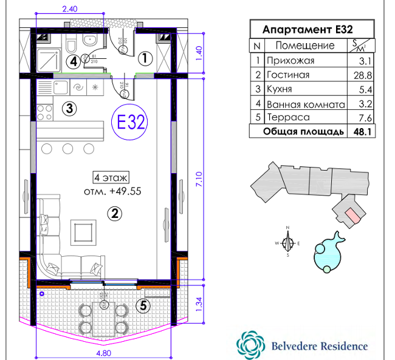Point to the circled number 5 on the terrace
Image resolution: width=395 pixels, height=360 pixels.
pos(143,306)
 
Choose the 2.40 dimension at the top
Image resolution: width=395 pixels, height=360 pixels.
pos(70,9)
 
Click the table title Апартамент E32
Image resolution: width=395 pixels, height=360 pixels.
pos(307,29)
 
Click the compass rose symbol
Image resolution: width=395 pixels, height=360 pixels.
pos(288,243)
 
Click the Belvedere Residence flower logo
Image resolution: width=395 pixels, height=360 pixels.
pos(251,345)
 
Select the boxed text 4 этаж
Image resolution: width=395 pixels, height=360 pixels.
pos(111,177)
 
